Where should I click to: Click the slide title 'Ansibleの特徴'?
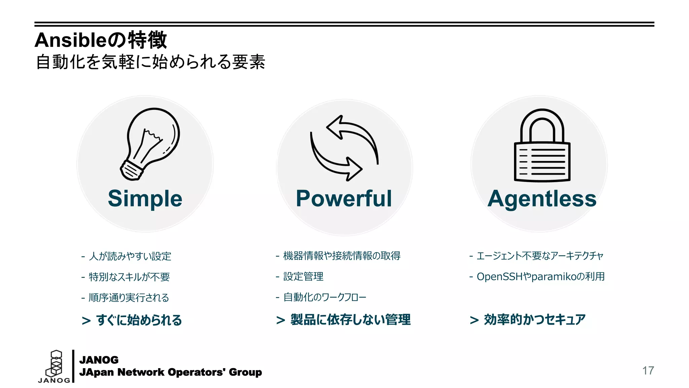[x=101, y=40]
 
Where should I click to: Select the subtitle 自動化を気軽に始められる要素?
[x=150, y=62]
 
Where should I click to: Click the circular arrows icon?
[x=344, y=148]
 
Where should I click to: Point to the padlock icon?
[x=542, y=145]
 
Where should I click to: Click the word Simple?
[x=145, y=198]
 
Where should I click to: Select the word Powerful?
[x=344, y=198]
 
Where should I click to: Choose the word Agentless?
[x=542, y=198]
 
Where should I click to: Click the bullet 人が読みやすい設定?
[x=130, y=256]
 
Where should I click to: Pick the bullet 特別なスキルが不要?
[x=129, y=277]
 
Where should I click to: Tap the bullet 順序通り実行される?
[x=129, y=298]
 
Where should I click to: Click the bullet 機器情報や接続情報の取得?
[x=342, y=256]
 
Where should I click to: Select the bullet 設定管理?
[x=303, y=277]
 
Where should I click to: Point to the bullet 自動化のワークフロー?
[x=325, y=297]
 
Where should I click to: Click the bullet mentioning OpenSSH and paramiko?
[x=541, y=277]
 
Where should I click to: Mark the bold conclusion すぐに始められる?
[x=139, y=320]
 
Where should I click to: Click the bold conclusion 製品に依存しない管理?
[x=350, y=320]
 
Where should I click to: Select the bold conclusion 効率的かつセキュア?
[x=535, y=320]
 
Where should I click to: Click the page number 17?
[x=648, y=370]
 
